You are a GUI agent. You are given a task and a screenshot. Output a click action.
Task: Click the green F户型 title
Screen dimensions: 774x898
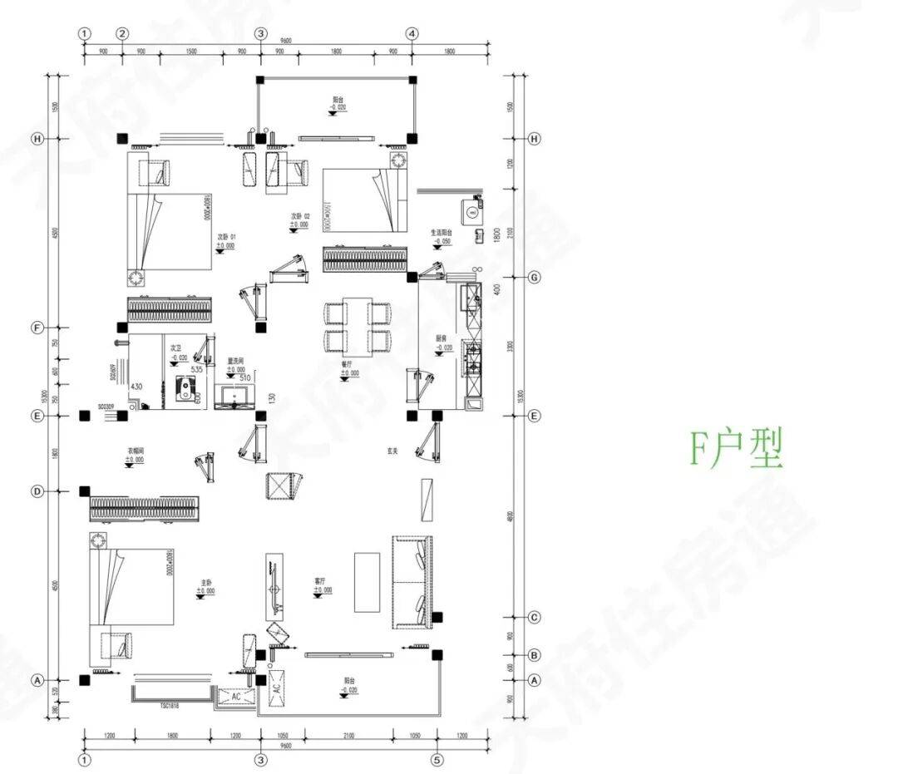click(x=737, y=449)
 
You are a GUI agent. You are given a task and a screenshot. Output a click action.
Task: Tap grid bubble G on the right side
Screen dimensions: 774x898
click(x=535, y=277)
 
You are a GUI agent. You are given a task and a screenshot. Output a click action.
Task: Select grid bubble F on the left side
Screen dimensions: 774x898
click(x=37, y=328)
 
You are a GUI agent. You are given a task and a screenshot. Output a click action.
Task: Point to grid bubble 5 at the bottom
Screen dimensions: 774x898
click(x=437, y=760)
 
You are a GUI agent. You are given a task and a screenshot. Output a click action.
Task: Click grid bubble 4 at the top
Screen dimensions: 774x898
click(x=412, y=33)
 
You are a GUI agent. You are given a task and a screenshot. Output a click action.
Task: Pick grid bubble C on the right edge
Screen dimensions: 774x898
click(x=535, y=617)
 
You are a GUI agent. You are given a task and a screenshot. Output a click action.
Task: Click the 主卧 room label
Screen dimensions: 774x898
click(x=205, y=583)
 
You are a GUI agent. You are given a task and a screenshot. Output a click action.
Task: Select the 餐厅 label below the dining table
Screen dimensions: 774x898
click(x=346, y=364)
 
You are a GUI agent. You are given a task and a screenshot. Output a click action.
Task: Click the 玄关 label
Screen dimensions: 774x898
click(x=392, y=451)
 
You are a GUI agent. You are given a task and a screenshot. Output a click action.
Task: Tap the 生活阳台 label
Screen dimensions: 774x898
click(x=442, y=233)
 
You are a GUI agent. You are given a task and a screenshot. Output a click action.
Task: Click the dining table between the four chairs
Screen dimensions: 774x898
click(x=358, y=324)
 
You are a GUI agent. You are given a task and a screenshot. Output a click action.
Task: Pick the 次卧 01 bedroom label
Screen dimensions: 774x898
click(x=226, y=237)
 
